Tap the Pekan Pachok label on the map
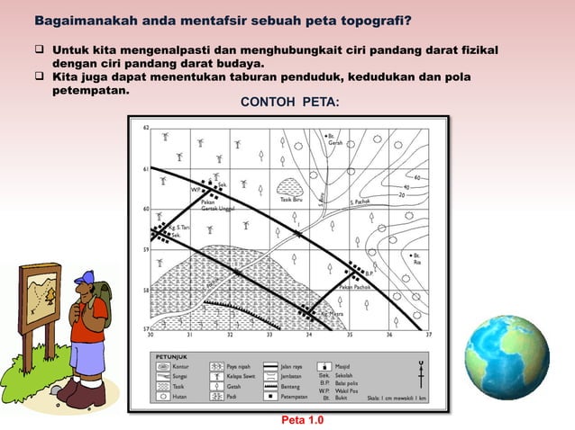355,287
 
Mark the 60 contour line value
416,177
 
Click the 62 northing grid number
147,128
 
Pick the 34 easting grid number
309,334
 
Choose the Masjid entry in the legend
342,367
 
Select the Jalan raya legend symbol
290,367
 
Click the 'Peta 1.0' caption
302,420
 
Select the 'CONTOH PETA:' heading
290,104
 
